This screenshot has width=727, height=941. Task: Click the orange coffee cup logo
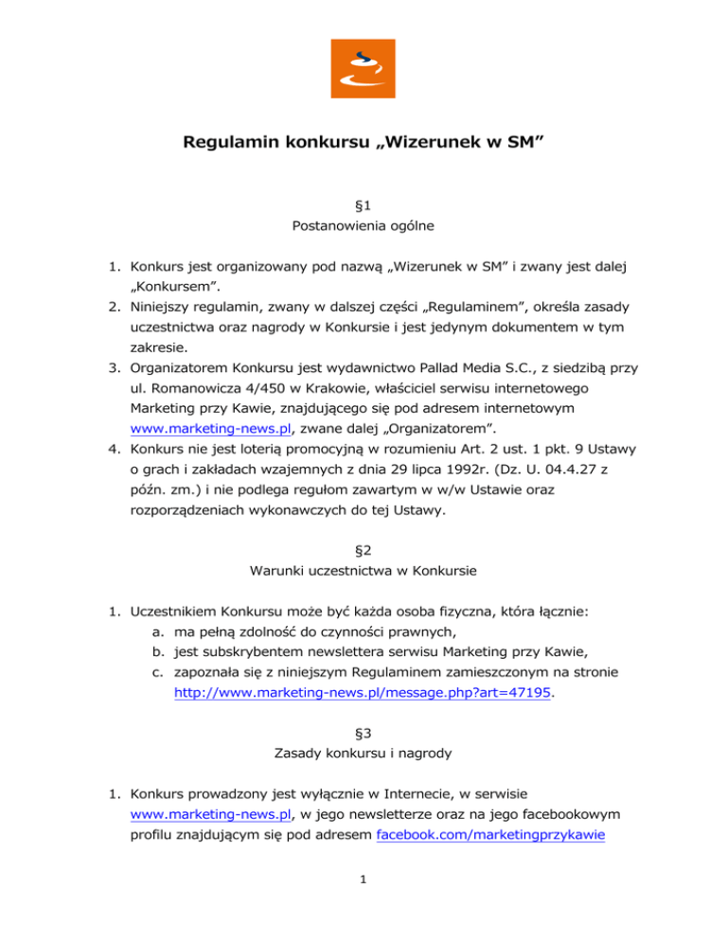(363, 67)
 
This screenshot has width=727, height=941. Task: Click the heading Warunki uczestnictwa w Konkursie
(363, 575)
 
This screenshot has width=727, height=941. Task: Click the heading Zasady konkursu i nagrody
(363, 755)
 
